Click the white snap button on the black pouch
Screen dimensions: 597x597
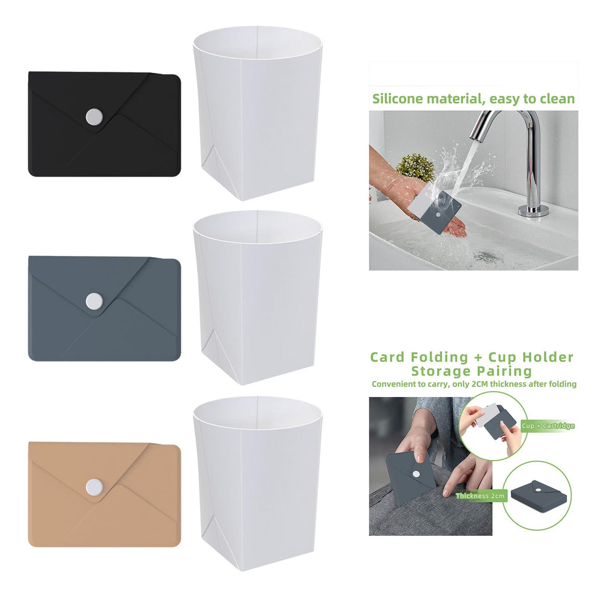(x=94, y=117)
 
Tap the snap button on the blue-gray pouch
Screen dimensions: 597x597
(x=94, y=301)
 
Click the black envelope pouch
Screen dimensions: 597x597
(x=104, y=124)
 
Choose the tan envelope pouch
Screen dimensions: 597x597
(x=104, y=495)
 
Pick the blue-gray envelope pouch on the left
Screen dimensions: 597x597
(x=104, y=308)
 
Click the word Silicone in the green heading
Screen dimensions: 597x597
(x=398, y=99)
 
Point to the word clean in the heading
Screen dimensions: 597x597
(x=556, y=99)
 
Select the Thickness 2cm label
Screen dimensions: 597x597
(x=480, y=496)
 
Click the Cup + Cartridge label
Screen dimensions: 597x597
(x=548, y=426)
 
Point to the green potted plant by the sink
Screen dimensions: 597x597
(x=415, y=168)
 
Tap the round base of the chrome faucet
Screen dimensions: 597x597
(x=533, y=210)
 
